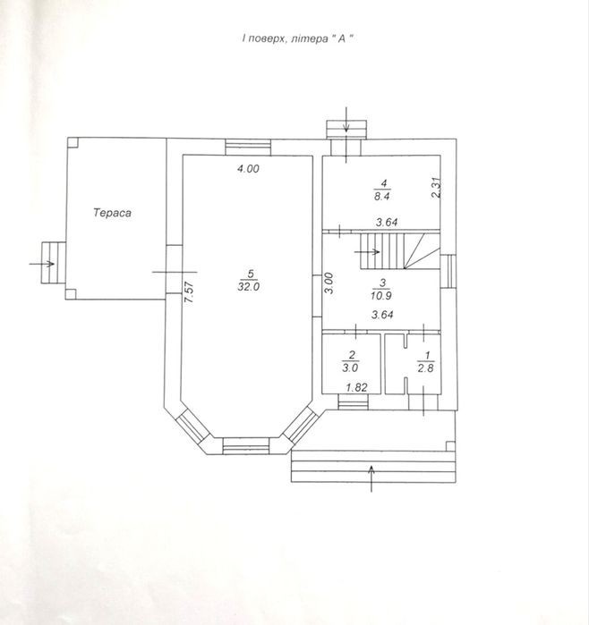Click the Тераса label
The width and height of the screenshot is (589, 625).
[112, 213]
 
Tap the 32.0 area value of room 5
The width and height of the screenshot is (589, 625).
[249, 287]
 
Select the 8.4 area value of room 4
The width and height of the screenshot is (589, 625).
[382, 196]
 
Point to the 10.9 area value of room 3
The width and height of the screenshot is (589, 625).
[381, 296]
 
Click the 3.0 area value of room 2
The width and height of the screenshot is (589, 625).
[350, 367]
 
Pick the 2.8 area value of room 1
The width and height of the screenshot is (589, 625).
[425, 367]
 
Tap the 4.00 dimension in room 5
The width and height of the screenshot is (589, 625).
[248, 169]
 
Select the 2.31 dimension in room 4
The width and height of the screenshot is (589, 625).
[437, 188]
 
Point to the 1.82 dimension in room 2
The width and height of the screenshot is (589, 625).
[356, 387]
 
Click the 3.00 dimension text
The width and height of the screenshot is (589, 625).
[329, 283]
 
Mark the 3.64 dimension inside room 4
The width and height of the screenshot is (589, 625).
[387, 223]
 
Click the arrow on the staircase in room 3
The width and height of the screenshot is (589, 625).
[367, 251]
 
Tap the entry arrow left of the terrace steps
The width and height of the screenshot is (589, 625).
[42, 264]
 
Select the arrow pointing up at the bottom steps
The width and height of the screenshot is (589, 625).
[371, 478]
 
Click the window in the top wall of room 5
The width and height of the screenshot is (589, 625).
[248, 147]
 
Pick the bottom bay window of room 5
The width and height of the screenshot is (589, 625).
[246, 446]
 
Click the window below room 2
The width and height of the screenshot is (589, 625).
[353, 401]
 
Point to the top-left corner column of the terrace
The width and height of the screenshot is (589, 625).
[73, 143]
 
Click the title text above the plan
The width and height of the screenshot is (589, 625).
[298, 38]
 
